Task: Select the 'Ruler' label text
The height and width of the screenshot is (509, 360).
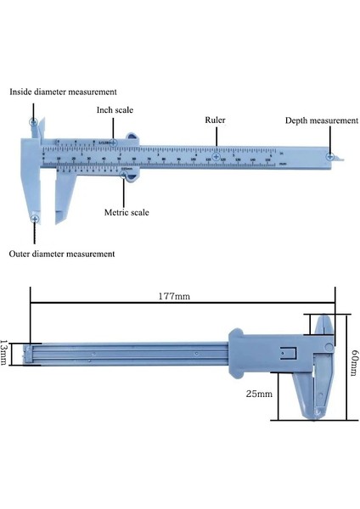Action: pos(216,120)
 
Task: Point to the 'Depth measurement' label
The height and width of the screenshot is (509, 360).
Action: pos(321,120)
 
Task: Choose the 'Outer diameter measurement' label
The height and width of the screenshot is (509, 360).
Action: pos(62,254)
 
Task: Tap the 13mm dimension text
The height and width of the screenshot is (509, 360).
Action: pos(8,350)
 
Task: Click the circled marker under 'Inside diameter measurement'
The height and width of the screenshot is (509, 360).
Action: pos(34,123)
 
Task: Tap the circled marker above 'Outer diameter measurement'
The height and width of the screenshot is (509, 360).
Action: pos(34,220)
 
